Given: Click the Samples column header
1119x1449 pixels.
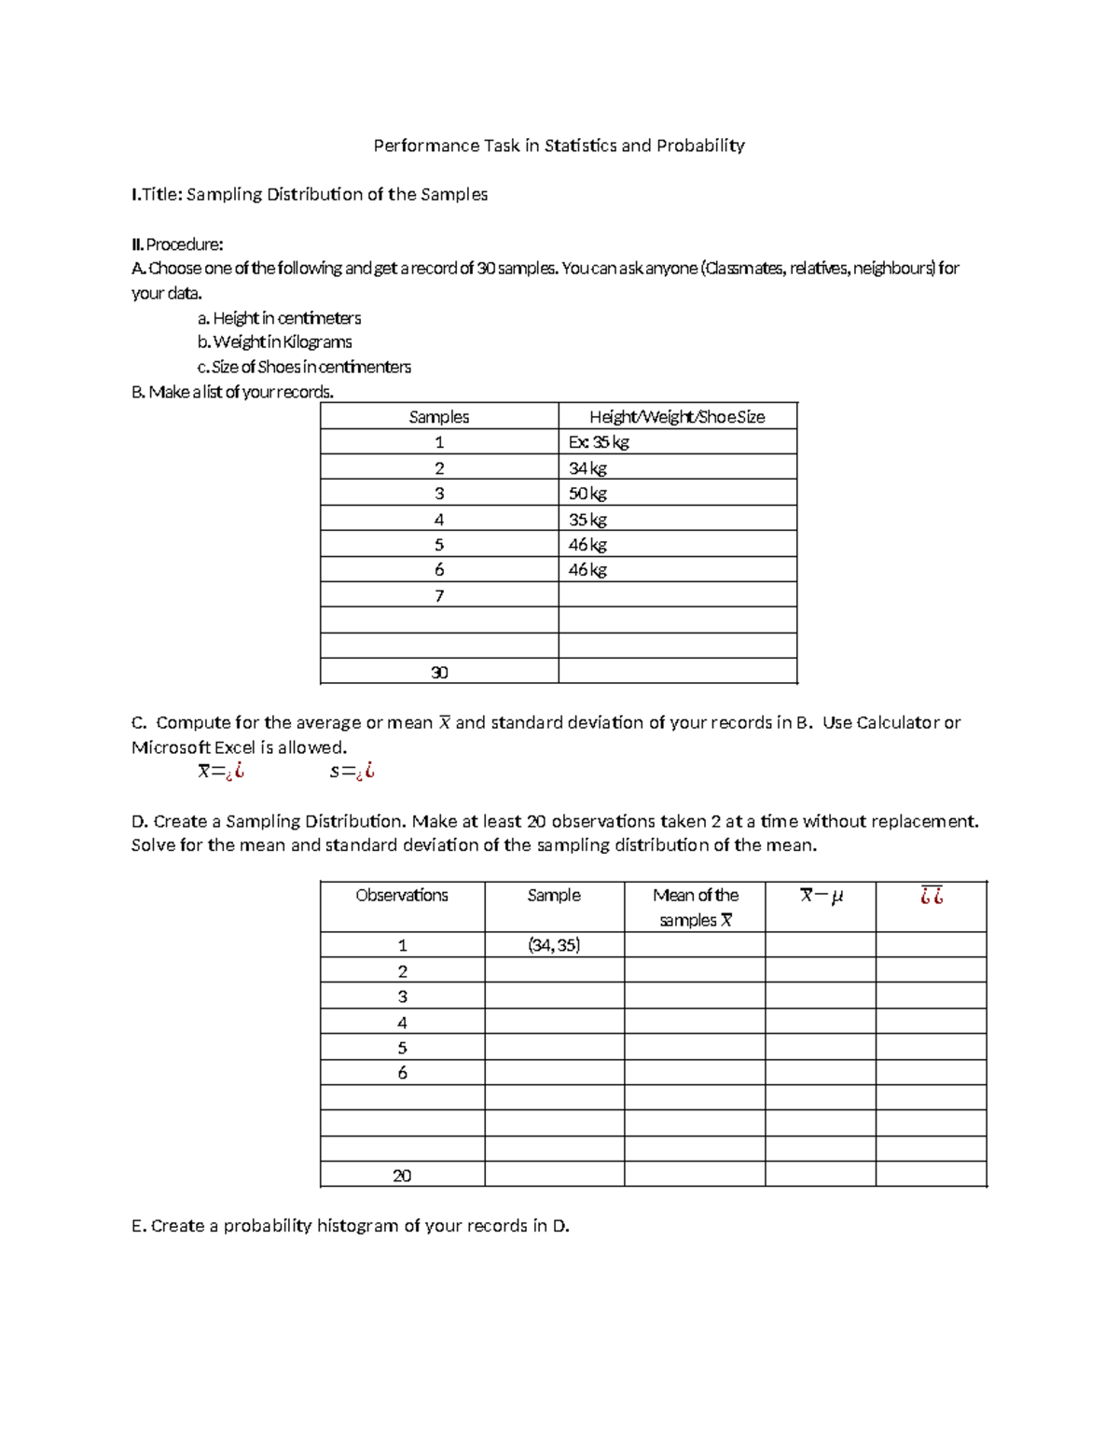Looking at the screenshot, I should pyautogui.click(x=438, y=417).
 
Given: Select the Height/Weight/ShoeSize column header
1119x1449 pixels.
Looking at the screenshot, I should pyautogui.click(x=677, y=417).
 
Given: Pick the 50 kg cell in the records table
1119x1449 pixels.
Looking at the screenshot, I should pyautogui.click(x=587, y=494).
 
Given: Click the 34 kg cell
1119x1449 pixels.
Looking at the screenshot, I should pyautogui.click(x=587, y=468).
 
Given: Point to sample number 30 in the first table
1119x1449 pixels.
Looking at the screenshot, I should pyautogui.click(x=439, y=672).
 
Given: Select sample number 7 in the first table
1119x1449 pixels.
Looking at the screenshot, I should pyautogui.click(x=439, y=595).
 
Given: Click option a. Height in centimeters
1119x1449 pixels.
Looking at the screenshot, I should pyautogui.click(x=279, y=318).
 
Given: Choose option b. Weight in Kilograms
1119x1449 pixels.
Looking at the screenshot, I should pyautogui.click(x=274, y=342).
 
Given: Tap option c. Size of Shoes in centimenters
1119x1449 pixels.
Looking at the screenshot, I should pyautogui.click(x=304, y=367).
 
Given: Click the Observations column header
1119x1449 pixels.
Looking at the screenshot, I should pyautogui.click(x=402, y=896).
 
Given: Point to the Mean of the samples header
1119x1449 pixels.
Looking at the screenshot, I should pyautogui.click(x=695, y=907).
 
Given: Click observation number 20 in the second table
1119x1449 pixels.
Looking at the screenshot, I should pyautogui.click(x=402, y=1176).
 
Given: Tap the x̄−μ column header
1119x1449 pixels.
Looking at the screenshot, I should pyautogui.click(x=821, y=896).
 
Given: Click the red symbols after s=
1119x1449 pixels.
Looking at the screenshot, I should pyautogui.click(x=366, y=772).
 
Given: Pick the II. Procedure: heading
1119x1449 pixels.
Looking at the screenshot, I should pyautogui.click(x=177, y=244).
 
